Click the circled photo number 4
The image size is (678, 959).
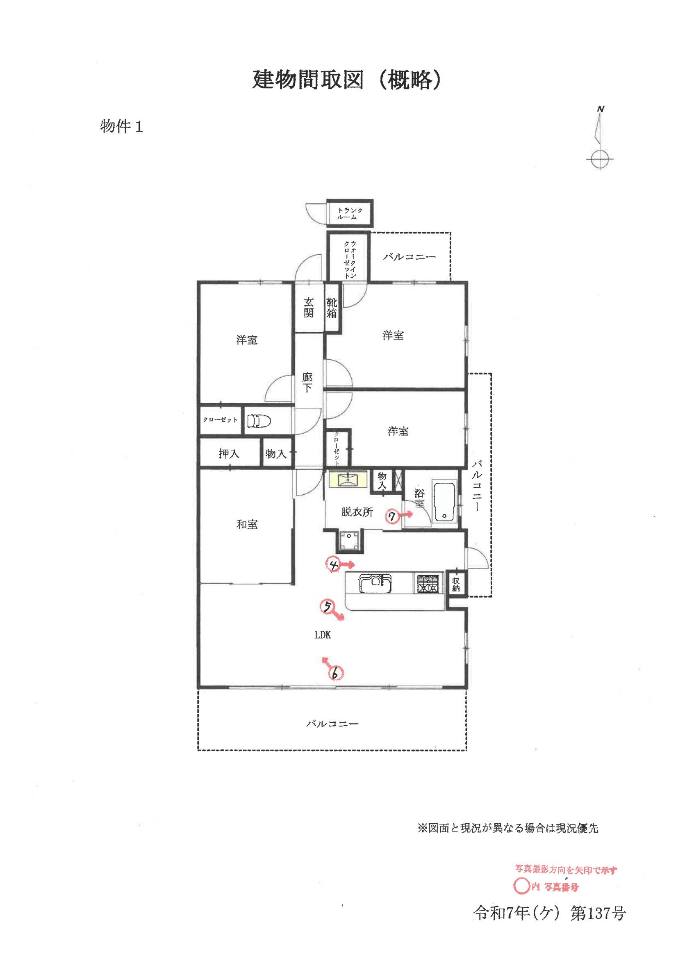(x=333, y=565)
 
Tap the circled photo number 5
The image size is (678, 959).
(x=327, y=607)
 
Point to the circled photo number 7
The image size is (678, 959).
(x=392, y=517)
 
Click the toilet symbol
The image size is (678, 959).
(x=259, y=421)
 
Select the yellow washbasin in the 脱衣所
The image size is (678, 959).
(x=347, y=479)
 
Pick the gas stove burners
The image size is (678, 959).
(x=428, y=584)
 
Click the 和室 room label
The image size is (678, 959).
(x=247, y=524)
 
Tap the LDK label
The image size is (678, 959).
(x=323, y=635)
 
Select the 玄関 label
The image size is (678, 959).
(x=309, y=307)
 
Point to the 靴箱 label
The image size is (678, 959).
(x=332, y=308)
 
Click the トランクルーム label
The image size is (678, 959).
(x=350, y=213)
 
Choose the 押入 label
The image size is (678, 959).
(x=229, y=454)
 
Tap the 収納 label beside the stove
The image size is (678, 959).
(x=456, y=585)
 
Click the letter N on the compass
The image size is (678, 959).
(x=601, y=109)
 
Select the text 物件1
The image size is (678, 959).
(x=121, y=126)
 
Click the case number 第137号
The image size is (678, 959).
(x=598, y=913)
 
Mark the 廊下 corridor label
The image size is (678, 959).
(x=307, y=383)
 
